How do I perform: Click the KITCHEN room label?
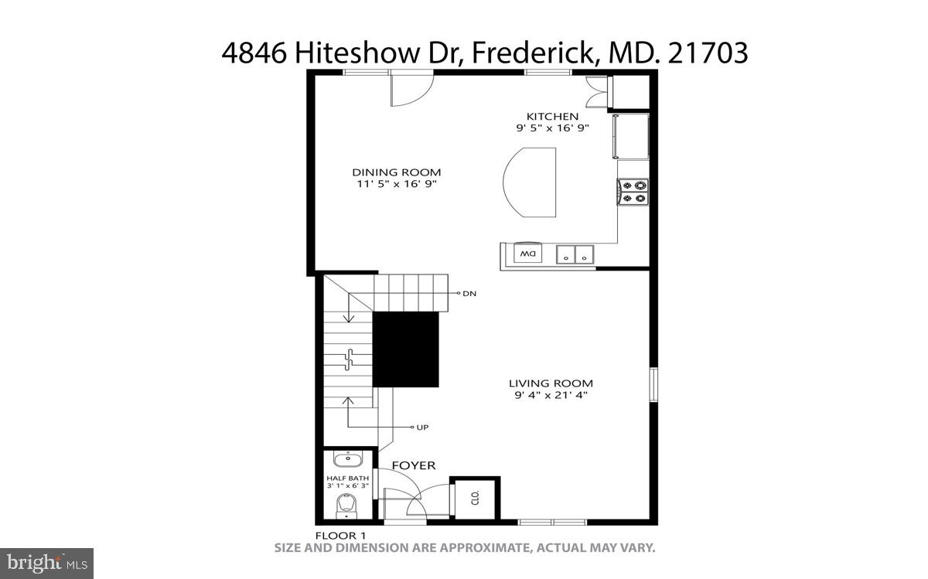(552, 117)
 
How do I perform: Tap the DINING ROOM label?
(397, 172)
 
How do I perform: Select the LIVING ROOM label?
(551, 383)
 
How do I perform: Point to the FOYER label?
(413, 465)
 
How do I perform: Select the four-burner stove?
(633, 192)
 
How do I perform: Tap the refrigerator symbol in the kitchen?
(630, 135)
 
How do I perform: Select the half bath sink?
(348, 460)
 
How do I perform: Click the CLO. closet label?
(476, 497)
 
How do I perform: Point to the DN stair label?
(469, 294)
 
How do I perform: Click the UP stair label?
(422, 427)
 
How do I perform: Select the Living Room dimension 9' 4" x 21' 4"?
(551, 395)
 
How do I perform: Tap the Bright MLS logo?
(46, 564)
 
